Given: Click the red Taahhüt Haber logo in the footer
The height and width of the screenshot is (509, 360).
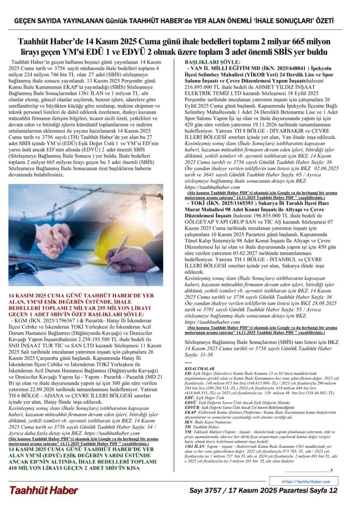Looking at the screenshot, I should click(44, 490).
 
